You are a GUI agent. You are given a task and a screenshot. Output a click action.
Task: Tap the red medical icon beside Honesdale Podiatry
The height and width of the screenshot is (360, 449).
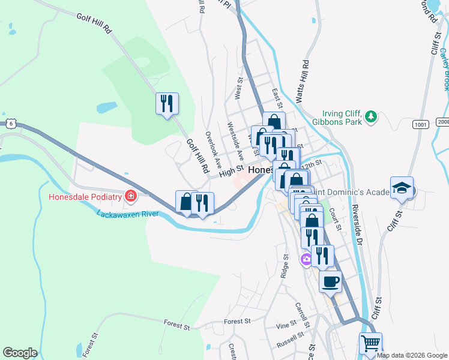click(x=130, y=196)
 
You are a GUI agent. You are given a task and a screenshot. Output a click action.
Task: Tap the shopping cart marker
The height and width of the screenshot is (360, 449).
click(x=371, y=344)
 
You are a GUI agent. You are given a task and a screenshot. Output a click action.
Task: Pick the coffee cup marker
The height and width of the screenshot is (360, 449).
click(x=331, y=281)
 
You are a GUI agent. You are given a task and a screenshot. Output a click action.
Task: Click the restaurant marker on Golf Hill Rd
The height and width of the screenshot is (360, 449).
click(x=167, y=103)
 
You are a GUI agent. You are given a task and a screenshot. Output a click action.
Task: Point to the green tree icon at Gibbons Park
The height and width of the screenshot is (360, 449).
click(x=372, y=116)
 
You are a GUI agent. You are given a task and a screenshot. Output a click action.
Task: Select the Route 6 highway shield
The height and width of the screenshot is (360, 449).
click(x=10, y=123)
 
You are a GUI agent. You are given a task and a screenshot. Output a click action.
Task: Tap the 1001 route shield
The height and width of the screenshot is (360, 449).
click(x=420, y=124)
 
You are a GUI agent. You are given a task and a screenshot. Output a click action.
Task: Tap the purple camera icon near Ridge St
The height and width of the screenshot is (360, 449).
click(x=306, y=259)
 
